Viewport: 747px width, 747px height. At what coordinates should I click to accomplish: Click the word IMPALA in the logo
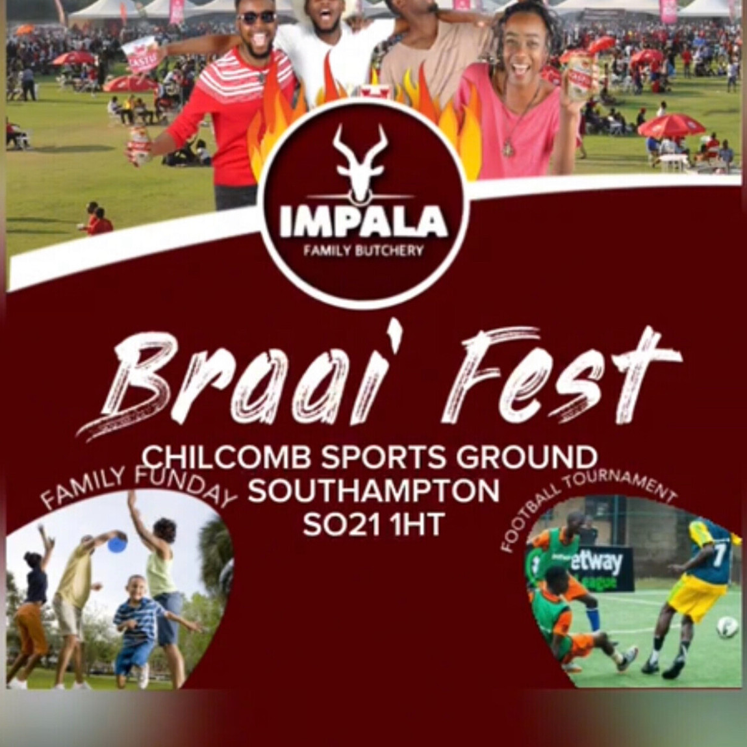click(363, 222)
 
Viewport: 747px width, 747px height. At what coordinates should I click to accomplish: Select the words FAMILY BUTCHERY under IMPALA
click(363, 250)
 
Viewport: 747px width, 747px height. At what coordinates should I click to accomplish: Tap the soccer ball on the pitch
click(726, 627)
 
